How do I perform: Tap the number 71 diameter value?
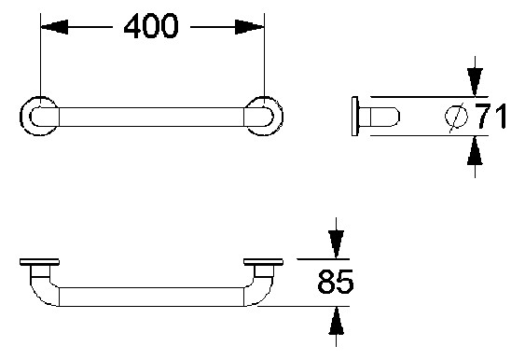pos(490,118)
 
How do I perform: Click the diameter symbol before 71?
pos(457,118)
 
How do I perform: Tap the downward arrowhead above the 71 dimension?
pos(475,82)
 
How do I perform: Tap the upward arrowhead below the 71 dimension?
pos(475,150)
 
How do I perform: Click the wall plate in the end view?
pos(354,116)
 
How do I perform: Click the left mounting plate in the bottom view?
pos(38,262)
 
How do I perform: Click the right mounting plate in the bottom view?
pos(263,262)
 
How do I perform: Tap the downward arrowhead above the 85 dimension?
pos(335,244)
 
